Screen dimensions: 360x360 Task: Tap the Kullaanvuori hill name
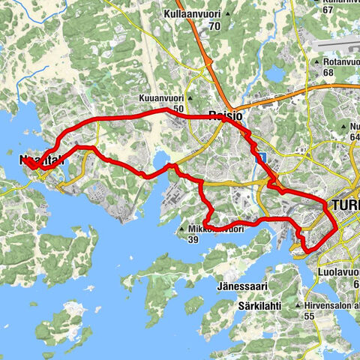[x=193, y=14]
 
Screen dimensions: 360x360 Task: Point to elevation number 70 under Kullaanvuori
[x=215, y=26]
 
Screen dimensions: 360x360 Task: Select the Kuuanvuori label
[x=160, y=98]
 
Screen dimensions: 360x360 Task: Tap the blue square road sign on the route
[x=262, y=157]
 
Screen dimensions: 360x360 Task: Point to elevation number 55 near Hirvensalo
[x=308, y=316]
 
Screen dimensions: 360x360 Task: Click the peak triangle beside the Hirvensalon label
[x=298, y=306]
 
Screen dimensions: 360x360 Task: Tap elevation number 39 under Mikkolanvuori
[x=193, y=240]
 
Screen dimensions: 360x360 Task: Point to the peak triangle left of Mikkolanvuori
[x=181, y=229]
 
